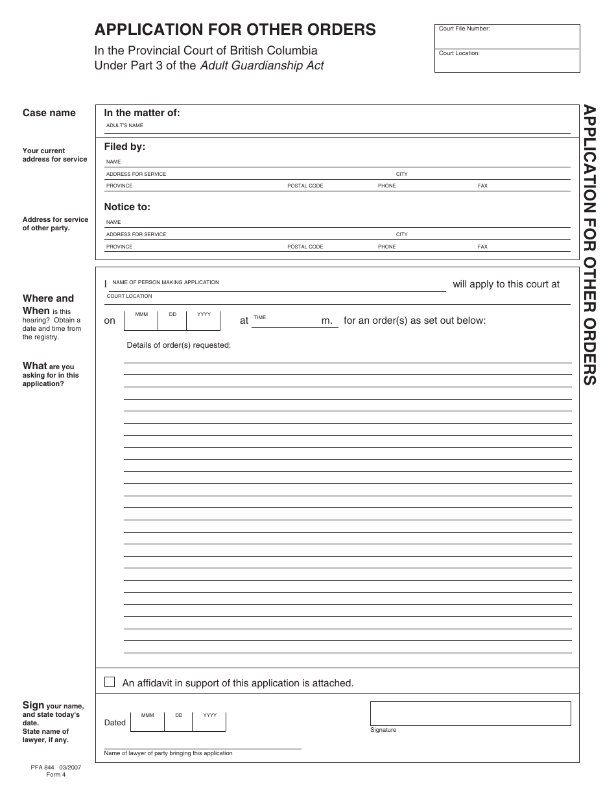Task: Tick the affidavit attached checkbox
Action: pyautogui.click(x=110, y=682)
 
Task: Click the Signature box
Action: pyautogui.click(x=470, y=713)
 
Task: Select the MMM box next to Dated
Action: pyautogui.click(x=148, y=721)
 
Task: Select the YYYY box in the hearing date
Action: pyautogui.click(x=204, y=320)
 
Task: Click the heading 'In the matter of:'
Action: pyautogui.click(x=142, y=113)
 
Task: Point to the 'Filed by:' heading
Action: pyautogui.click(x=124, y=147)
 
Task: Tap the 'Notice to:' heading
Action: pyautogui.click(x=127, y=207)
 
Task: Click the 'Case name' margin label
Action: pyautogui.click(x=49, y=113)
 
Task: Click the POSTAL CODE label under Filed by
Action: pyautogui.click(x=305, y=186)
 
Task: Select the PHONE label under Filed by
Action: pyautogui.click(x=386, y=186)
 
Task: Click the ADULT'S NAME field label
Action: pyautogui.click(x=124, y=125)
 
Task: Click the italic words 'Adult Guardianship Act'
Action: pyautogui.click(x=262, y=66)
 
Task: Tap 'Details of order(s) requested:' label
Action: pyautogui.click(x=178, y=345)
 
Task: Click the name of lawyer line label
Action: pyautogui.click(x=168, y=753)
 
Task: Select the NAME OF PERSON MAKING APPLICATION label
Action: pyautogui.click(x=165, y=283)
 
